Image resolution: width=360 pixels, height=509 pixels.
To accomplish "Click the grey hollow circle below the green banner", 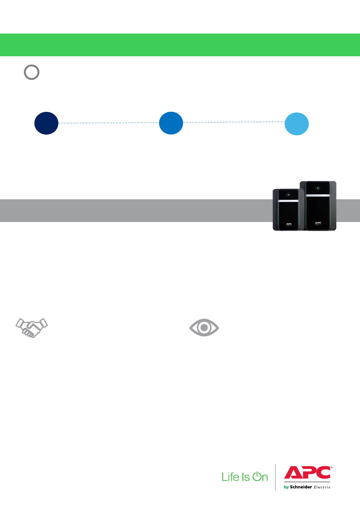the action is click(x=32, y=72).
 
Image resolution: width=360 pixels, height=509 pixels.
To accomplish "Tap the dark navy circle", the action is click(x=46, y=123).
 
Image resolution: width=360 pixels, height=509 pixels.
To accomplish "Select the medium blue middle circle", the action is click(x=171, y=123).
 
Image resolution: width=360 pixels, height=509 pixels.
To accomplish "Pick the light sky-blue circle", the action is click(x=297, y=124).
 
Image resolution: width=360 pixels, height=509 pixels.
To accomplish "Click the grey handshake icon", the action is click(x=32, y=328).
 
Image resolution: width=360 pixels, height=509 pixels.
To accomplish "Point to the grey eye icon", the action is click(x=204, y=327).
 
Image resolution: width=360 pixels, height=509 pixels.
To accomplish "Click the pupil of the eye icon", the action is click(x=204, y=327).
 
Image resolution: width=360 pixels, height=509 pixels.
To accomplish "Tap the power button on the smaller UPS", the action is click(x=288, y=195).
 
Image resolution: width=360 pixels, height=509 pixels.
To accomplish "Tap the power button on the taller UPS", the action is click(x=318, y=188).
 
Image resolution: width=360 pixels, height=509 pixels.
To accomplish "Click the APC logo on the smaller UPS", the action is click(x=289, y=224).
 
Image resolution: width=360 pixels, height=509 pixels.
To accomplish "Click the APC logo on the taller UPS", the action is click(x=318, y=223).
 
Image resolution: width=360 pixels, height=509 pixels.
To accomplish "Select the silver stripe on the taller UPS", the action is click(x=318, y=195).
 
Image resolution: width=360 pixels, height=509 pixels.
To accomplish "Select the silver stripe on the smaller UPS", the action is click(x=288, y=201).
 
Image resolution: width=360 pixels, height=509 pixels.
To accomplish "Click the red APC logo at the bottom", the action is click(x=307, y=472).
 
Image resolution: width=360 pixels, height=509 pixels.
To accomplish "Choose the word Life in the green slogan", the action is click(x=231, y=477).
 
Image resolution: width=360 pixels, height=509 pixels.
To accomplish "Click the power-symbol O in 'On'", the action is click(x=256, y=476).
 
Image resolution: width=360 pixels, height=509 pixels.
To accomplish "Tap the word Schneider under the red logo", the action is click(x=301, y=487).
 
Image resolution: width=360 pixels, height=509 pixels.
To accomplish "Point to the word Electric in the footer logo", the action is click(x=322, y=487).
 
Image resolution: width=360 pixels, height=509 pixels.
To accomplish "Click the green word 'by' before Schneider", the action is click(x=286, y=487).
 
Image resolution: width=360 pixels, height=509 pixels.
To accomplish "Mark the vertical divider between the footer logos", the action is click(x=275, y=477).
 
